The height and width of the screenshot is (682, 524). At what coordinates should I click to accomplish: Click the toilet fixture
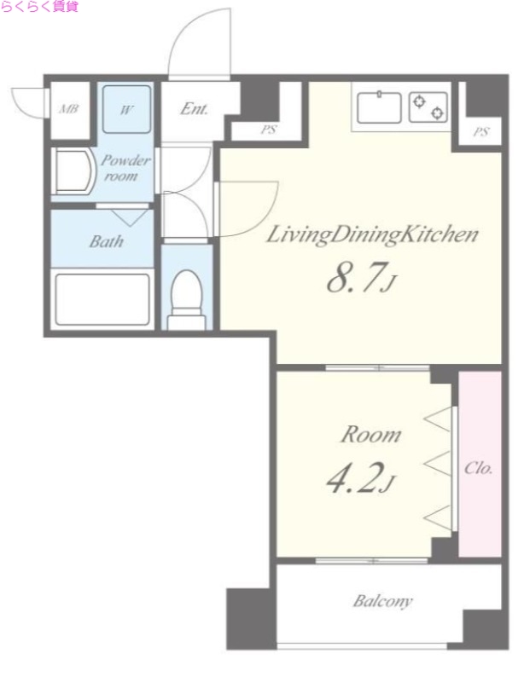(186, 299)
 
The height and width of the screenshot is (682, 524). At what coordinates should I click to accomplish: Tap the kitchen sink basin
(379, 107)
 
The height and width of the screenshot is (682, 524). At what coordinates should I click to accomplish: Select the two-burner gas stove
(428, 107)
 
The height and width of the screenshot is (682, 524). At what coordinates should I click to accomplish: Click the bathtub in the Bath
(102, 299)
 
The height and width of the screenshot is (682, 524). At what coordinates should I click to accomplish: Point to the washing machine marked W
(126, 109)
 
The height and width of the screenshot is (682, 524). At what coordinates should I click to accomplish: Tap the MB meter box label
(69, 108)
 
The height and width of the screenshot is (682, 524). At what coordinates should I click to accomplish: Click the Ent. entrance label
(194, 108)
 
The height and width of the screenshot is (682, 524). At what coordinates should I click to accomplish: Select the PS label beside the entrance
(269, 130)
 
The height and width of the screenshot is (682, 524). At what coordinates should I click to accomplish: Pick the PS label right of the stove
(480, 131)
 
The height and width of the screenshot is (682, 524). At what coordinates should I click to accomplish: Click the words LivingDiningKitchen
(372, 235)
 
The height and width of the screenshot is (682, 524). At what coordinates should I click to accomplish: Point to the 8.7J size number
(361, 279)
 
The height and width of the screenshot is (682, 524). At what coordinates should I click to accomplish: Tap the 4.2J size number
(361, 478)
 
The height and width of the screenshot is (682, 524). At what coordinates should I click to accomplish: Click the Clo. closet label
(478, 468)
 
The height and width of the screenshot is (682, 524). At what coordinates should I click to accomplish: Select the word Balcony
(382, 601)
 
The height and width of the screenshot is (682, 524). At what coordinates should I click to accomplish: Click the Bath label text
(107, 241)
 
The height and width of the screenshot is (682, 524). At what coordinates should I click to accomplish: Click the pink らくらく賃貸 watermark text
(39, 7)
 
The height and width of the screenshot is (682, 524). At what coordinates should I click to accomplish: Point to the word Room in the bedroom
(370, 435)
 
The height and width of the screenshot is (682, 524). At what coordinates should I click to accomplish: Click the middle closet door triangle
(437, 463)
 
